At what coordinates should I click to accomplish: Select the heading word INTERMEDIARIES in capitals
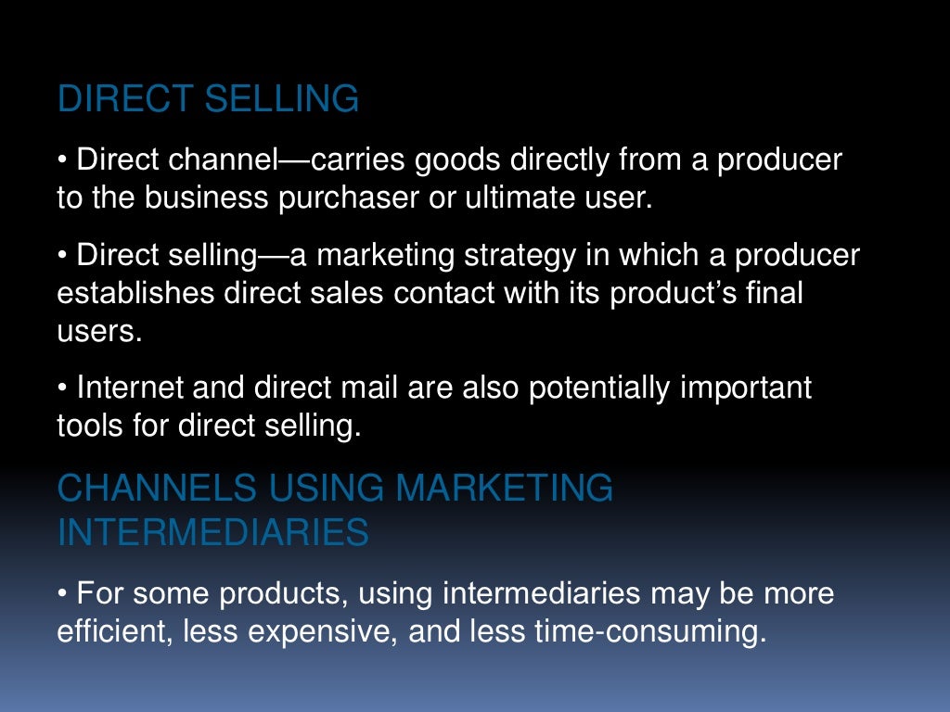click(x=213, y=532)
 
